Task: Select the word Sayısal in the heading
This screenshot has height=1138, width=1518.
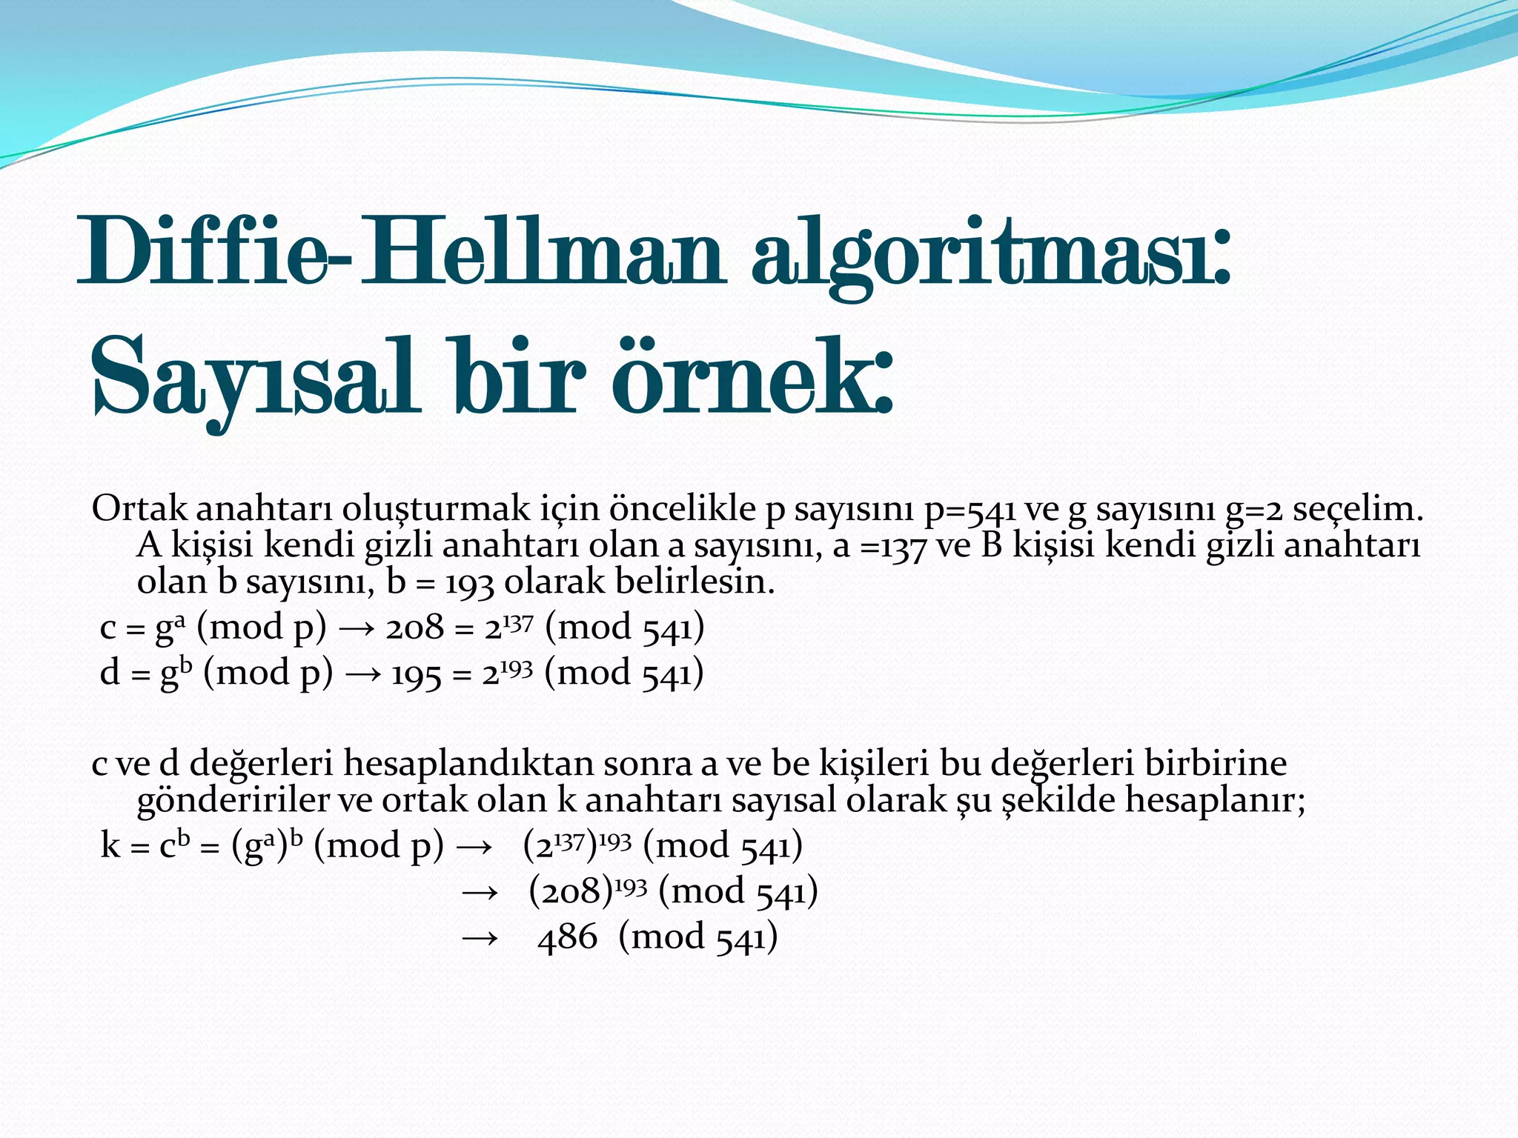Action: [252, 378]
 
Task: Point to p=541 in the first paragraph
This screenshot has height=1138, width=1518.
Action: [971, 510]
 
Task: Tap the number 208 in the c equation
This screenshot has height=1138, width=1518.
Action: [415, 628]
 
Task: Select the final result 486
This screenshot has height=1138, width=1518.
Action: [568, 938]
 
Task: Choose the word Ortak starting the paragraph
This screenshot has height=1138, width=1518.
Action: [139, 509]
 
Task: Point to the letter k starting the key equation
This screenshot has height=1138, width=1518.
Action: [110, 846]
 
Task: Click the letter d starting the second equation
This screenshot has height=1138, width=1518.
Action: [110, 673]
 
